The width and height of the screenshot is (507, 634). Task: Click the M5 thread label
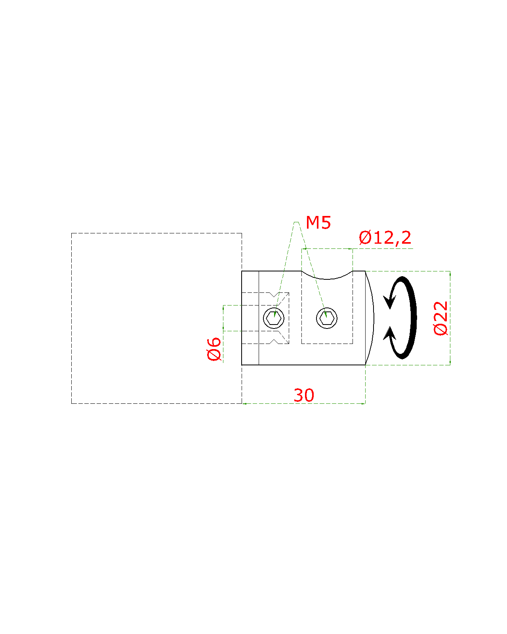click(318, 223)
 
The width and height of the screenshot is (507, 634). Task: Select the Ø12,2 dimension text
click(385, 238)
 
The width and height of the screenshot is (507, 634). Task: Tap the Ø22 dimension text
click(440, 318)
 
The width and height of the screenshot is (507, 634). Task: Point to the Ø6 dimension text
click(214, 349)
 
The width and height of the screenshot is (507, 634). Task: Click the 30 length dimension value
click(304, 395)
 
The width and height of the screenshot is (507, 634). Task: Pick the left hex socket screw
click(274, 318)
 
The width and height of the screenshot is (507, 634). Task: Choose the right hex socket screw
click(327, 318)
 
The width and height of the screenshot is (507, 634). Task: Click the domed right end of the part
click(372, 318)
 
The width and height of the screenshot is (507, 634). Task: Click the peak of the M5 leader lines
click(296, 222)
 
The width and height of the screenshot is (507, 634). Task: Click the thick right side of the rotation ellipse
click(414, 318)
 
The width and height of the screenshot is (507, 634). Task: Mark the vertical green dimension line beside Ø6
click(223, 317)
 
